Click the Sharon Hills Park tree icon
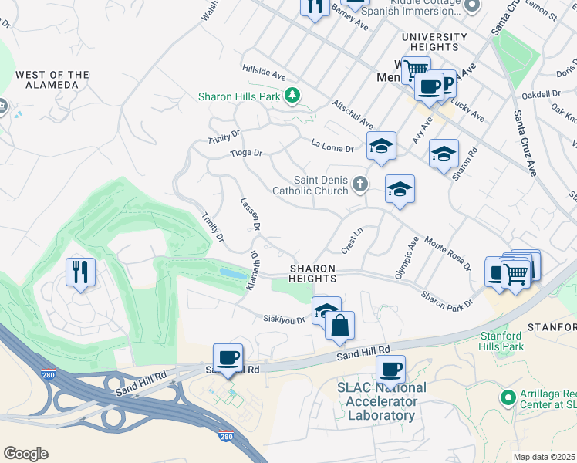(x=292, y=96)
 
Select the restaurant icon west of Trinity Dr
(x=80, y=272)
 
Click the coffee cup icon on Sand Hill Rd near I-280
(x=228, y=357)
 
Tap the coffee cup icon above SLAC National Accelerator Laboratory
(x=391, y=369)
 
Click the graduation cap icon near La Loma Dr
(x=380, y=147)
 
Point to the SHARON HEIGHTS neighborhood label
(x=312, y=273)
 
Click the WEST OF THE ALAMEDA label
(x=52, y=79)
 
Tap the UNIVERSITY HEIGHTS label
(x=434, y=42)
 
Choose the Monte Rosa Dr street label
(x=447, y=253)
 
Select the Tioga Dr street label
(x=246, y=153)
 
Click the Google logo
(x=25, y=454)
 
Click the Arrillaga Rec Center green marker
(x=507, y=397)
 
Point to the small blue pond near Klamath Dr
(x=234, y=273)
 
